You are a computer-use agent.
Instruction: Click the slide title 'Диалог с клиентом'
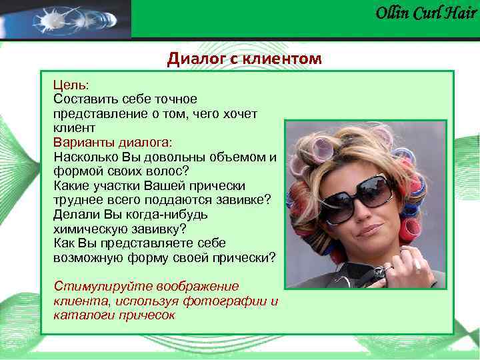(244, 59)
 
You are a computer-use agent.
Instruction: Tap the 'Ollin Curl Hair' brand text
(426, 13)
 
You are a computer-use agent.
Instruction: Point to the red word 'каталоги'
(78, 315)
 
